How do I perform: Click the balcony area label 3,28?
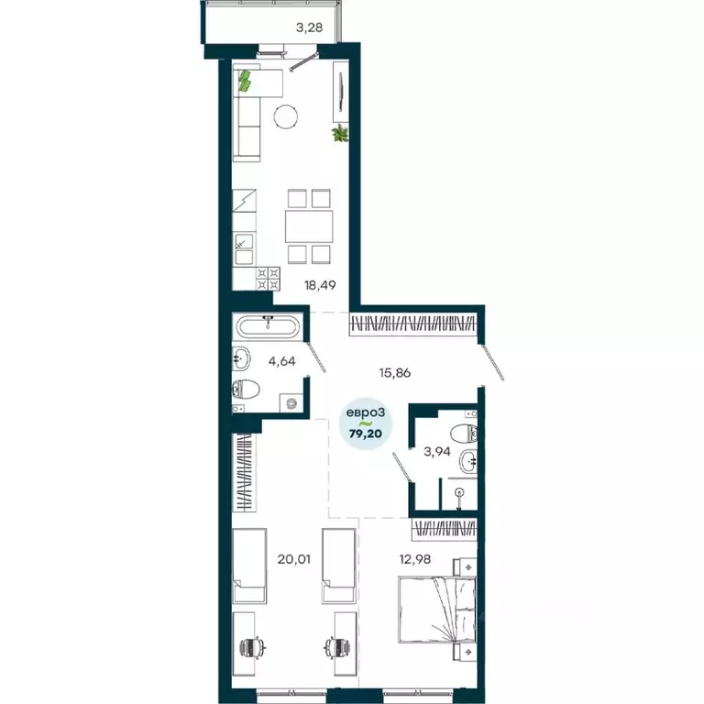(309, 27)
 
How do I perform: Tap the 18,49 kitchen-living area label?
(320, 284)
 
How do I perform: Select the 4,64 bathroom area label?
(281, 361)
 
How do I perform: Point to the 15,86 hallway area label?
(395, 372)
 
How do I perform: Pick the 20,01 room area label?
(294, 556)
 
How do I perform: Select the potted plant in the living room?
(341, 135)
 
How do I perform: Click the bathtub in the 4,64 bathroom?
(267, 326)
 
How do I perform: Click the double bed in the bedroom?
(436, 607)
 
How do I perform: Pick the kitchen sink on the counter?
(244, 244)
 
